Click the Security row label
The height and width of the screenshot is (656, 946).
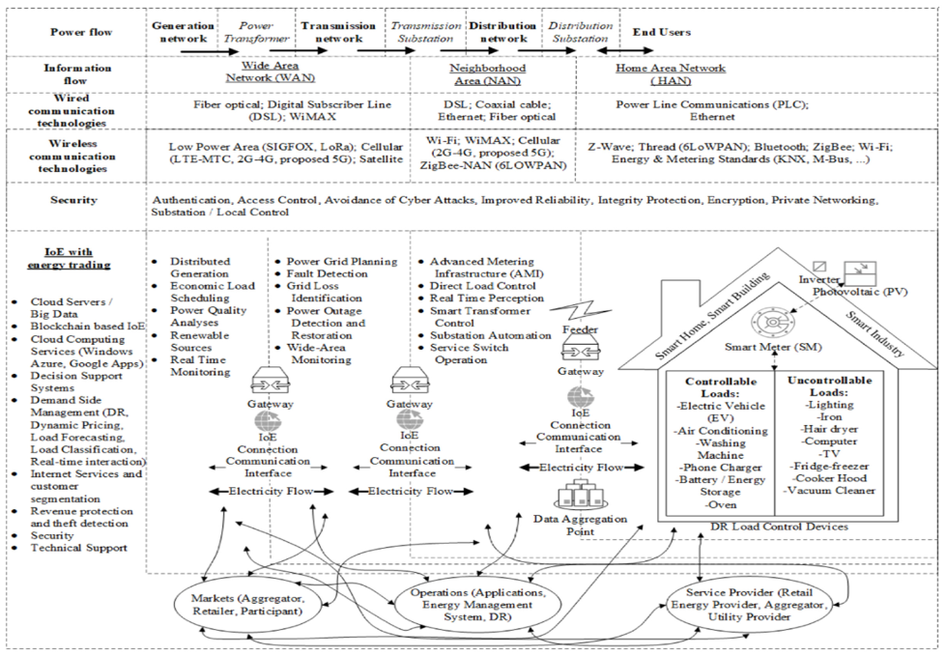coord(76,200)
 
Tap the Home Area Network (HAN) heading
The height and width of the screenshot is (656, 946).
coord(671,75)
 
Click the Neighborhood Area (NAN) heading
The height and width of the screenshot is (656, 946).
coord(488,75)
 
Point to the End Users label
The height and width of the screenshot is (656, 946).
coord(662,32)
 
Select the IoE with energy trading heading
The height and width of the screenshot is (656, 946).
coord(75,258)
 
